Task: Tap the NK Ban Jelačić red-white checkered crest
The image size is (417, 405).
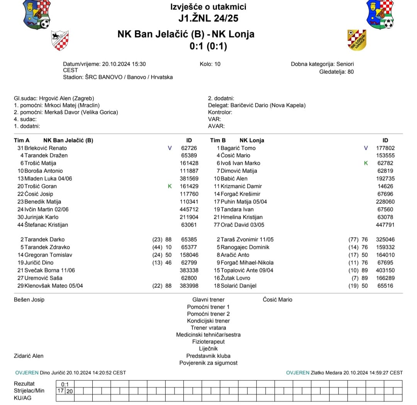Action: point(60,40)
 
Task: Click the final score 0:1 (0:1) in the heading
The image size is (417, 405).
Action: point(208,46)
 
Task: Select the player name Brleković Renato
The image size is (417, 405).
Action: point(46,148)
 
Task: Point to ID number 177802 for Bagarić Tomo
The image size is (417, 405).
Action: point(385,148)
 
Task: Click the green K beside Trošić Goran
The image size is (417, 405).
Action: point(170,186)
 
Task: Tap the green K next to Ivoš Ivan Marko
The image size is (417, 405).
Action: point(366,163)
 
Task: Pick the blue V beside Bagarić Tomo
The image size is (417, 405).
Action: point(366,148)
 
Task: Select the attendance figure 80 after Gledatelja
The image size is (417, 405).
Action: point(350,71)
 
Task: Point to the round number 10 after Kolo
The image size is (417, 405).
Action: point(217,64)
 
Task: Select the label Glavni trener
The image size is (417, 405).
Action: point(208,300)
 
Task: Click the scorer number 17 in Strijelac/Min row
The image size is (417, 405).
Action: point(61,391)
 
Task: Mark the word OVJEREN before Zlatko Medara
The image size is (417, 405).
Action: point(297,373)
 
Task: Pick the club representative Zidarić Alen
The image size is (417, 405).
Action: point(29,356)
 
